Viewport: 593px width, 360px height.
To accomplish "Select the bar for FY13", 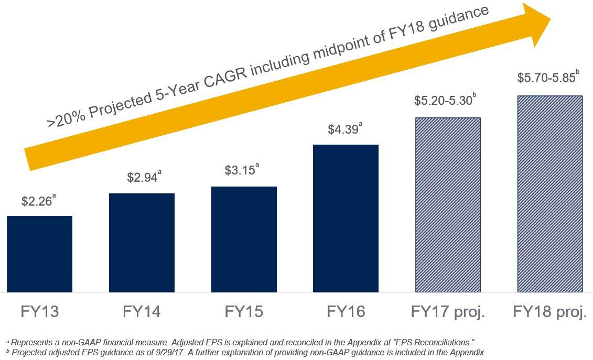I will tap(39, 254).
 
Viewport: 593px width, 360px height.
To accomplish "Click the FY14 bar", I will tap(142, 243).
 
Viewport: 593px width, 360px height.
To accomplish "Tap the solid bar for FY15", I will tap(244, 239).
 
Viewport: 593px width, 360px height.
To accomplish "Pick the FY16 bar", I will tap(346, 219).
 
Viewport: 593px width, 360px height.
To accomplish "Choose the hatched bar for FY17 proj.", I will tap(448, 205).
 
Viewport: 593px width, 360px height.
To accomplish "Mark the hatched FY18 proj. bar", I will tap(549, 194).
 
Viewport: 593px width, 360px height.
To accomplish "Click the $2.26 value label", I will tap(37, 201).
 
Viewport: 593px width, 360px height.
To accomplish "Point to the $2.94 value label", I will tap(142, 178).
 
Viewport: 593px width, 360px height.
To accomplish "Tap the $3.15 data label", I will tap(240, 170).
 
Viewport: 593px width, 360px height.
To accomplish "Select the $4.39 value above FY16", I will tap(343, 129).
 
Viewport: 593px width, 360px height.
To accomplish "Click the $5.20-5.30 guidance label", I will tap(443, 100).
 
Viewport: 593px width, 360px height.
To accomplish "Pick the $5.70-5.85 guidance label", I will tap(546, 78).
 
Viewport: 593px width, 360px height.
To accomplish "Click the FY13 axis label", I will tap(40, 312).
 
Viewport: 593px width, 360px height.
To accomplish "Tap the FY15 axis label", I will tap(244, 312).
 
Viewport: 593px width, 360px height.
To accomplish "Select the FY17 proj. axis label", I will tap(448, 312).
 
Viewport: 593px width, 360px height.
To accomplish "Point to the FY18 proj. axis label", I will tap(549, 312).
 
